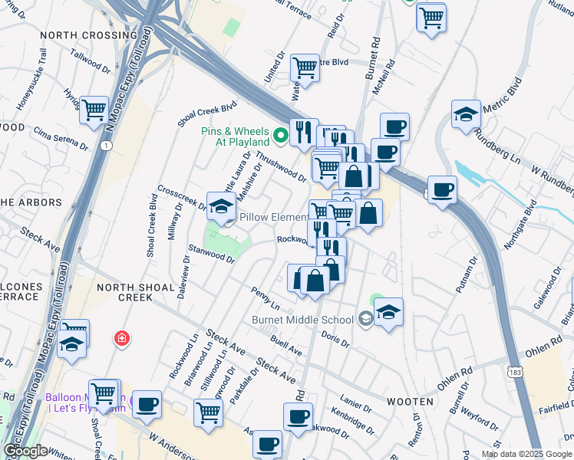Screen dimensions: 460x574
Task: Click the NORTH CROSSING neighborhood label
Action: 88,35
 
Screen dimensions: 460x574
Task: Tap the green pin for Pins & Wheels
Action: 281,136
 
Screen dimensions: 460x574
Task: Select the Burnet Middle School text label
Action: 302,319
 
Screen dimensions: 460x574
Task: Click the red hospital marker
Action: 120,338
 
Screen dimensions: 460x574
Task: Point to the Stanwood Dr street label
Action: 211,254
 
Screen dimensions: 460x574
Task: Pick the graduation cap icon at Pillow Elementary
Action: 221,206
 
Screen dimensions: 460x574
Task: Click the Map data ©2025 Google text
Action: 526,454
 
